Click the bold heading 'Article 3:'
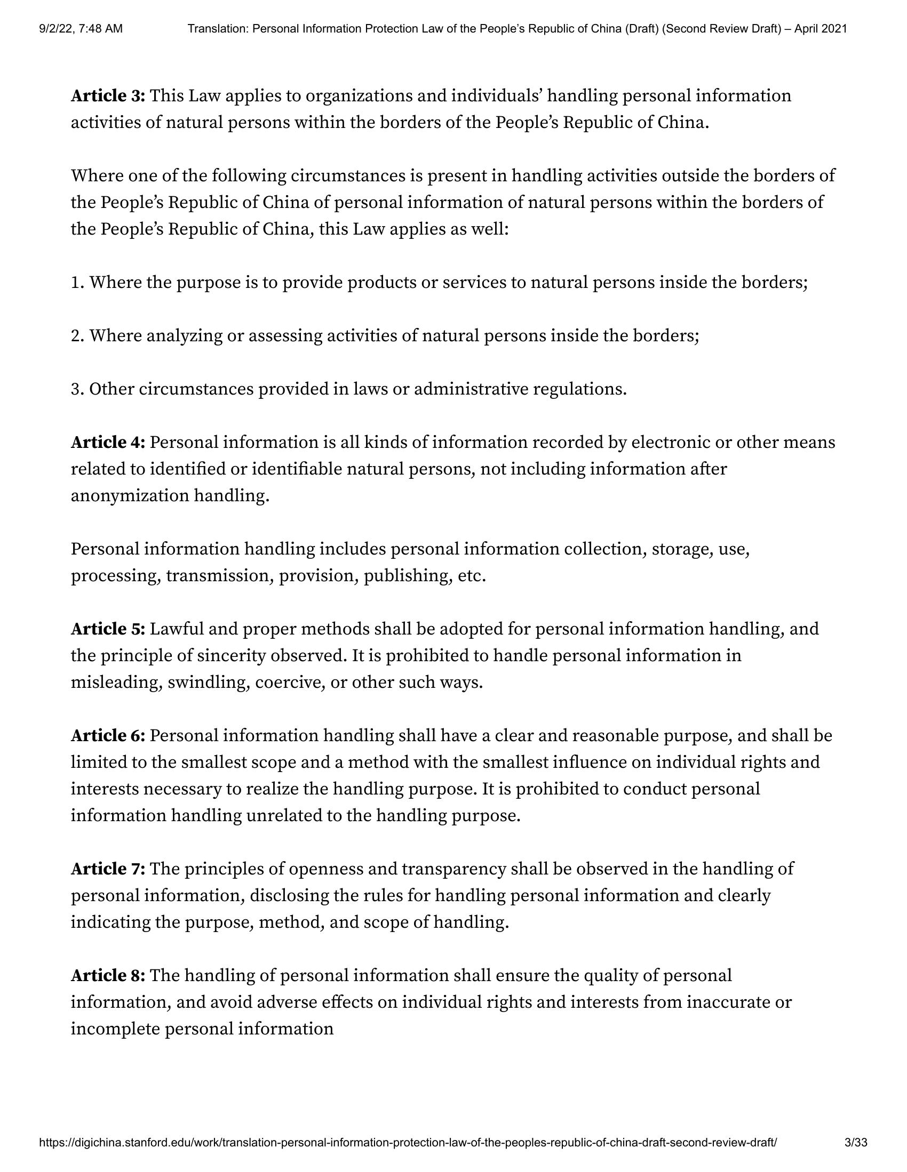pyautogui.click(x=108, y=96)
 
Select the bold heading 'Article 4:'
pyautogui.click(x=108, y=442)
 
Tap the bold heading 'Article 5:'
pyautogui.click(x=108, y=629)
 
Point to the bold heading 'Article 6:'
pyautogui.click(x=108, y=735)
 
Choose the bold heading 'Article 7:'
pyautogui.click(x=108, y=868)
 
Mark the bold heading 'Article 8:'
pyautogui.click(x=108, y=975)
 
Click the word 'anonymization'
pyautogui.click(x=130, y=496)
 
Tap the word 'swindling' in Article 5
pyautogui.click(x=207, y=682)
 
